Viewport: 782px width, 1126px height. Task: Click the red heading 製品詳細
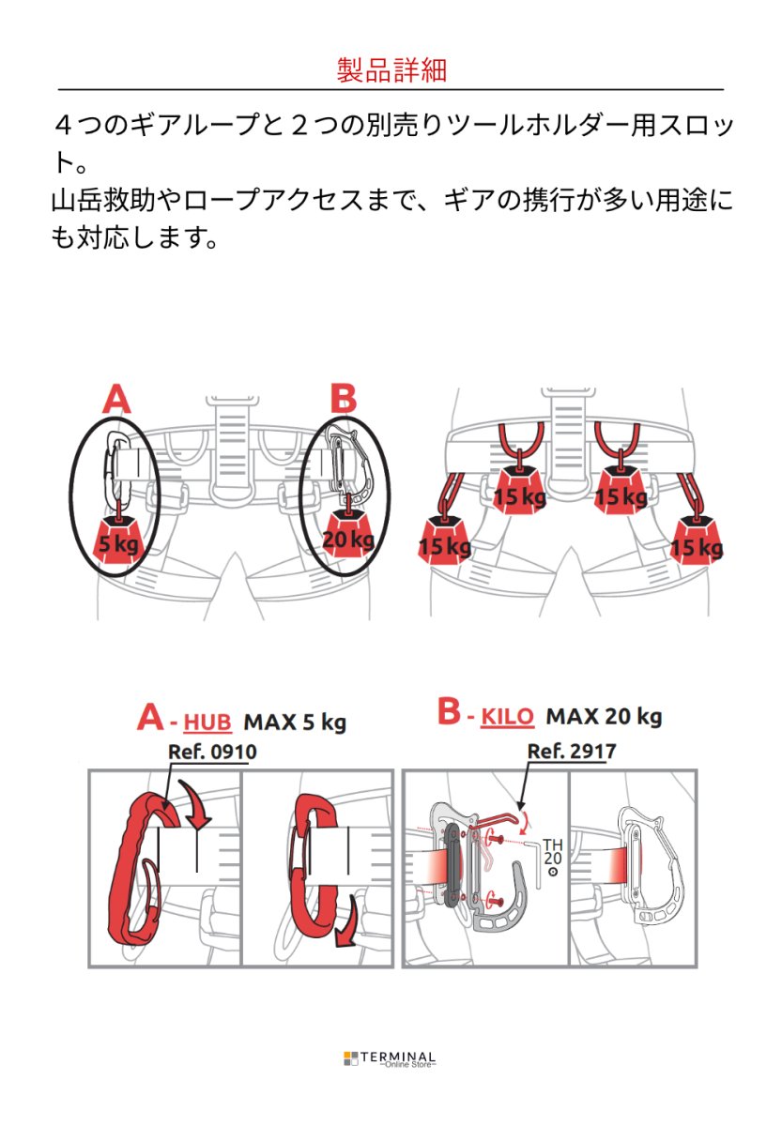coord(391,70)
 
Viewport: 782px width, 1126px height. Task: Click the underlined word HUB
coord(207,722)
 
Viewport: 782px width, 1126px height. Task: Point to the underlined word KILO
coord(507,718)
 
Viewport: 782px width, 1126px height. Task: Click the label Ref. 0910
coord(212,752)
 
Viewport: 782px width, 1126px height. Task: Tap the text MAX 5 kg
coord(295,722)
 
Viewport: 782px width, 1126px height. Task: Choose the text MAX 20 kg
coord(604,718)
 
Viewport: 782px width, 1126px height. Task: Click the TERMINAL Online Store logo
coord(391,1059)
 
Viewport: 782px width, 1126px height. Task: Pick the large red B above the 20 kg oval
coord(343,398)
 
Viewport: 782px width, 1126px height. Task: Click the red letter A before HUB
coord(151,719)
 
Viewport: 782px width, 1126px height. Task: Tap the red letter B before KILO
coord(450,714)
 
